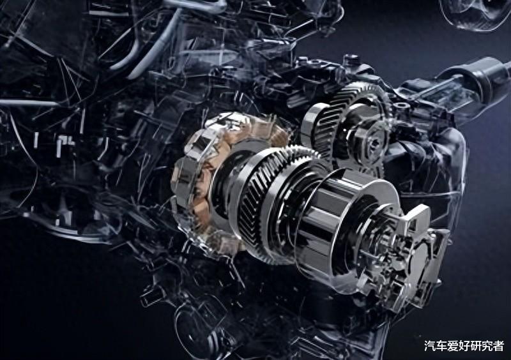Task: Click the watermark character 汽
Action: click(430, 346)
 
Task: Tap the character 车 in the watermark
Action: click(441, 346)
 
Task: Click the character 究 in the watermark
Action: click(487, 346)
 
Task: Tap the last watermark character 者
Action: click(498, 346)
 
